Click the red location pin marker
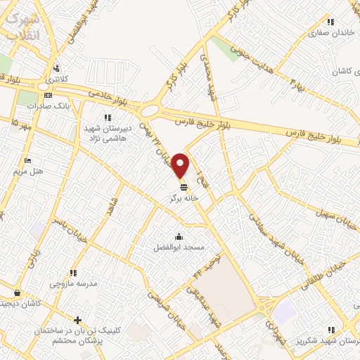[x=181, y=165]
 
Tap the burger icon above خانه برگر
[x=184, y=187]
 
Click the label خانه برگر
[x=184, y=199]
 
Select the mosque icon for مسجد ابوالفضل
[x=179, y=236]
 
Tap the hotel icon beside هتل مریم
[x=27, y=160]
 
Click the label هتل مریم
[x=28, y=171]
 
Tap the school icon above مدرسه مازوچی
[x=72, y=273]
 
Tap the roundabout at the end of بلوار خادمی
[x=150, y=111]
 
